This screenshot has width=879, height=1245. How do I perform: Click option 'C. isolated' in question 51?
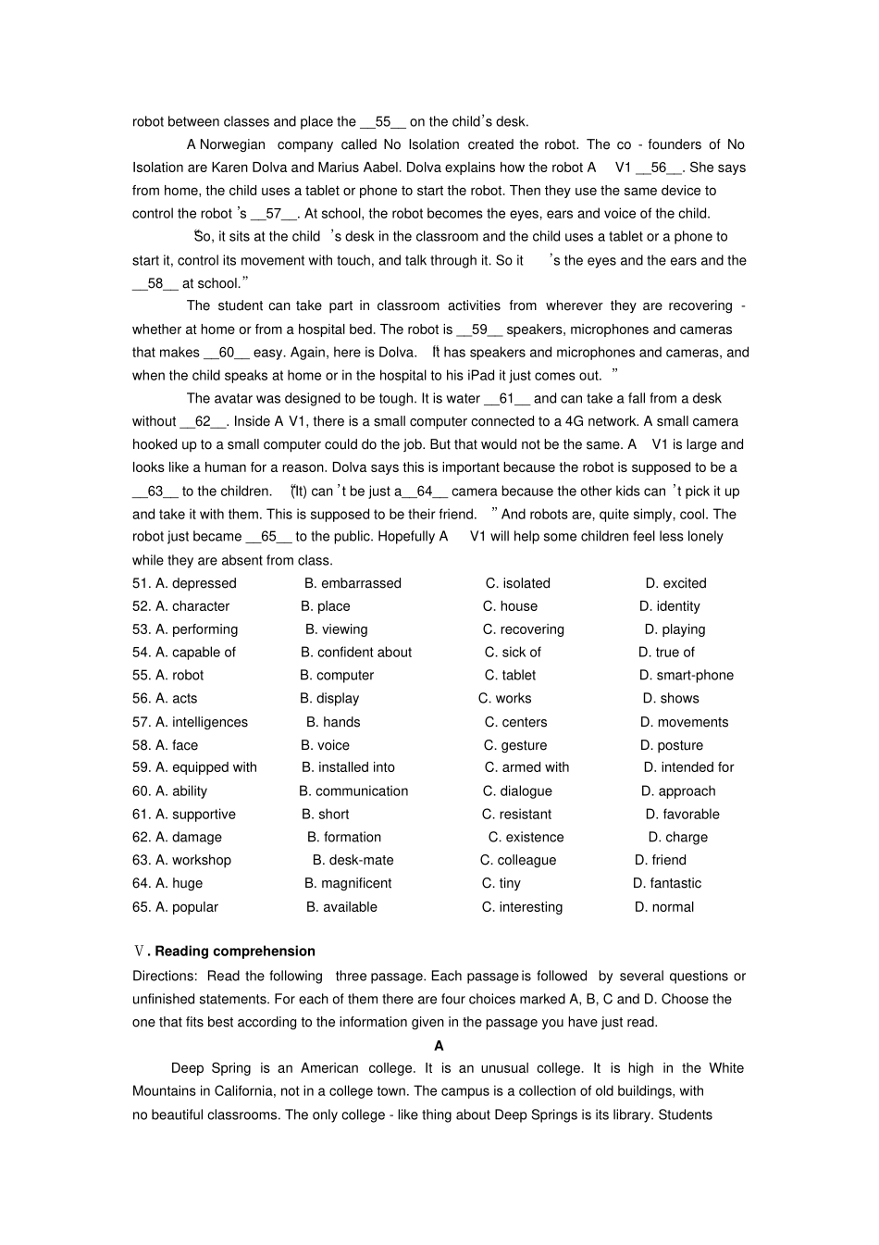517,583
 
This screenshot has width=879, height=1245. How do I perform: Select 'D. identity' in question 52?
669,606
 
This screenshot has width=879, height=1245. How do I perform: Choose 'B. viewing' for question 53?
337,629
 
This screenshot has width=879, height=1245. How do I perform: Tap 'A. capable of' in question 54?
195,653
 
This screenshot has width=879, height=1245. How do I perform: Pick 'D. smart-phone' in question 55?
686,676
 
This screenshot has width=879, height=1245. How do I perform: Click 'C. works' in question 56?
504,699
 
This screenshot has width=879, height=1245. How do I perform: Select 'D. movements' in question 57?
684,722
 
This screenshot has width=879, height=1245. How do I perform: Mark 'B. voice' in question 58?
325,745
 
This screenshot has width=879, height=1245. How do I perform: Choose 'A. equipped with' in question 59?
205,767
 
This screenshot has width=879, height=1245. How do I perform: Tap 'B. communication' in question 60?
353,791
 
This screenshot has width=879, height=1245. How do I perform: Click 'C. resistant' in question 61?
516,815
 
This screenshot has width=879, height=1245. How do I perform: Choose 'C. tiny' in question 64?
501,883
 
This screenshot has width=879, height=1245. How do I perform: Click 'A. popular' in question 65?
186,907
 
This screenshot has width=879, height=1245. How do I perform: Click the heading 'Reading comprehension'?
235,951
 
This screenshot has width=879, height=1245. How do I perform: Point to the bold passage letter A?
439,1045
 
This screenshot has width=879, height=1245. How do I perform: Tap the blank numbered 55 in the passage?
383,121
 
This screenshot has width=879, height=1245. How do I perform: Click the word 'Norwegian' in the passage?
232,144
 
